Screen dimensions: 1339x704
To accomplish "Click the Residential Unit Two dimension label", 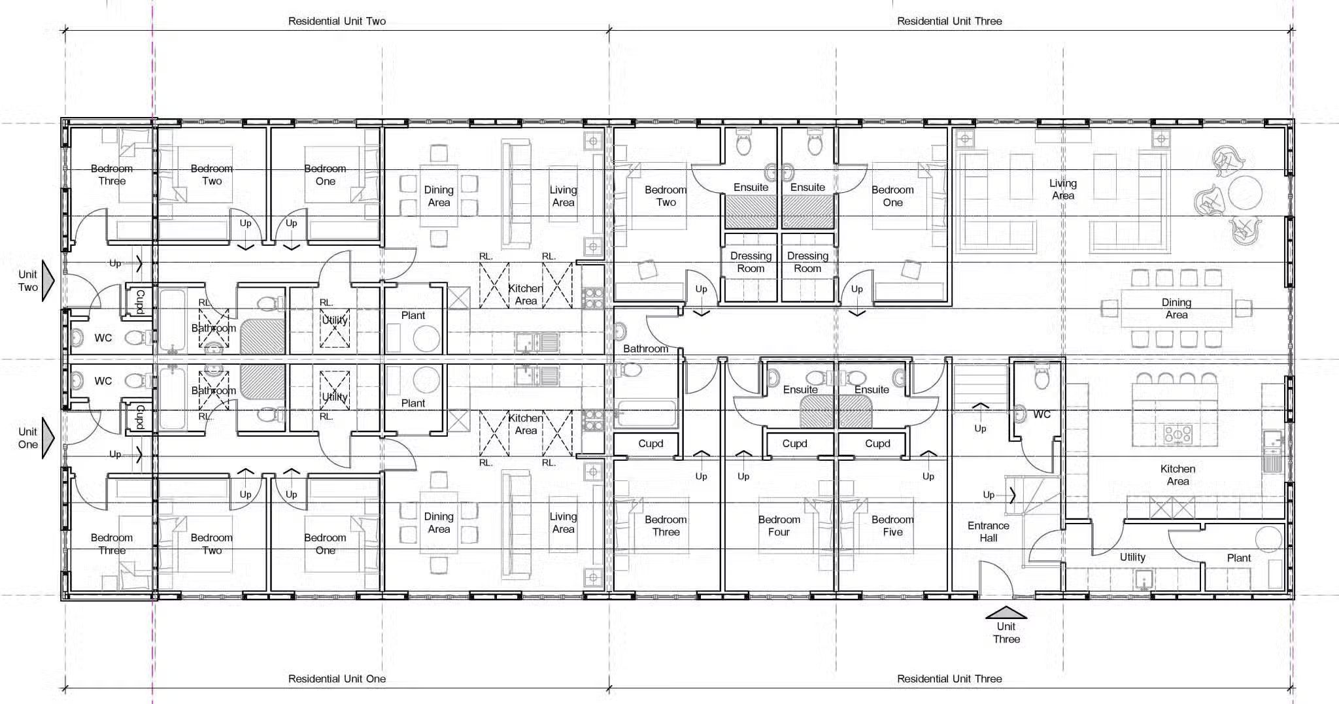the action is click(x=337, y=21).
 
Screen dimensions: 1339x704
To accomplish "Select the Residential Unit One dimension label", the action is click(x=337, y=679).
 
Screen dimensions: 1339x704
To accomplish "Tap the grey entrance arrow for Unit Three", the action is click(x=1006, y=612).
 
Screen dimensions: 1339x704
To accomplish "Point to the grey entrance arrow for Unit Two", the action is click(x=48, y=280).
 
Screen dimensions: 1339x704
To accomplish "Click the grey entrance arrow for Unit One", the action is click(x=48, y=438).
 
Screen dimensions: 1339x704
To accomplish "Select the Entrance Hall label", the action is click(x=988, y=531).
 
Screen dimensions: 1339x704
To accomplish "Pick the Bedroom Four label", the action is click(x=779, y=526).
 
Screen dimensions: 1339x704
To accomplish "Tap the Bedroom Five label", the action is click(x=892, y=526).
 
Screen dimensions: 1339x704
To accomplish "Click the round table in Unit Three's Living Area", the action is click(x=1244, y=193).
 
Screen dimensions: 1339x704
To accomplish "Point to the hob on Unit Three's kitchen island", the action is click(x=1177, y=433).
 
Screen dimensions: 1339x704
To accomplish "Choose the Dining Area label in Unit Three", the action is click(x=1176, y=309).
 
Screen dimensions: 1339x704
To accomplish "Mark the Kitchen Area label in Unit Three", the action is click(x=1178, y=475).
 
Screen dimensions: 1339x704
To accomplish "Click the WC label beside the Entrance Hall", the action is click(x=1042, y=414).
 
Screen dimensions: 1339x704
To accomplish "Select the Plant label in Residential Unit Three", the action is click(x=1238, y=558).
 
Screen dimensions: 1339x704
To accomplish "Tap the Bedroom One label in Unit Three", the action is click(x=892, y=196).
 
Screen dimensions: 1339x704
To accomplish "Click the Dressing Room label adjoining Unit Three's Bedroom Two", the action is click(x=751, y=262).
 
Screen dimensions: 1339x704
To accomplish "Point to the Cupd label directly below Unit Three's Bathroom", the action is click(x=651, y=443).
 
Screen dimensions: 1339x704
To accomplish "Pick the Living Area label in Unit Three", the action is click(x=1063, y=190).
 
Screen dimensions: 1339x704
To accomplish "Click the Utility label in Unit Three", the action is click(x=1132, y=557).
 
